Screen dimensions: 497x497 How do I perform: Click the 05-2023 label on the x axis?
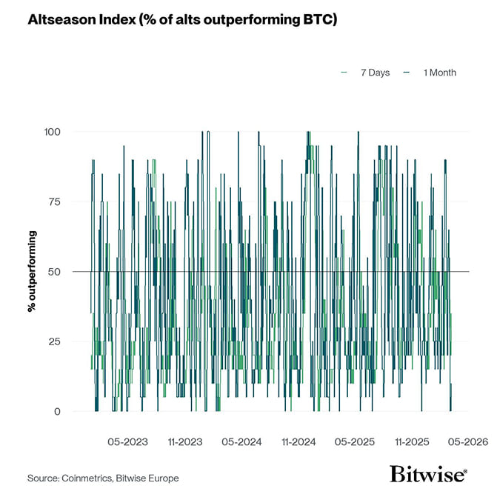[127, 442]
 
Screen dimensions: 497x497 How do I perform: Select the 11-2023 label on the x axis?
[184, 442]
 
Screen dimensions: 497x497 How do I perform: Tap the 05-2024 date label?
[241, 442]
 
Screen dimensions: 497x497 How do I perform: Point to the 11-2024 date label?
[298, 442]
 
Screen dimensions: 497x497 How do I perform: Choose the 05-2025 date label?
[355, 442]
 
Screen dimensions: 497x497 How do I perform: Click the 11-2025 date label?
[412, 442]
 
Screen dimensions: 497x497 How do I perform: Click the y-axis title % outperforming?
[33, 271]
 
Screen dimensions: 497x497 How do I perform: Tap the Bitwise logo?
[429, 475]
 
